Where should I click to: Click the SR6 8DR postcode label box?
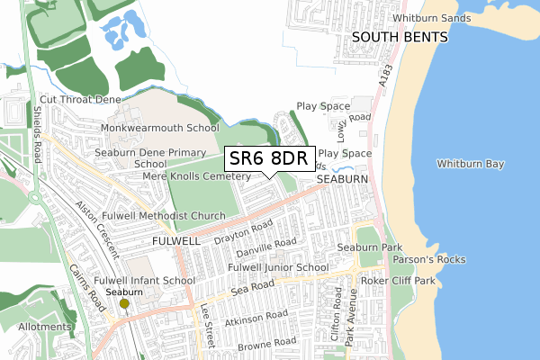(270, 159)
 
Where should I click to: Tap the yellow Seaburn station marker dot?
(124, 303)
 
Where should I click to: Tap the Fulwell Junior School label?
(277, 268)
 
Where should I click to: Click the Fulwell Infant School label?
(144, 281)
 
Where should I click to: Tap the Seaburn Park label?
(369, 247)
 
